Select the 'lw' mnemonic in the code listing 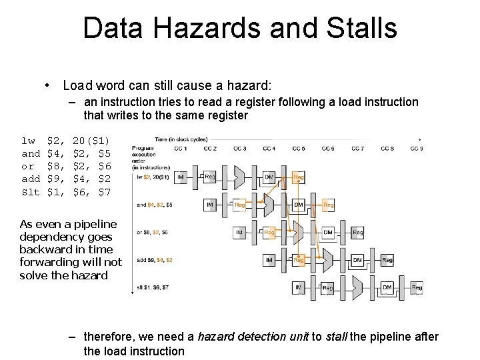click(28, 141)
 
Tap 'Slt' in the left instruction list click(31, 192)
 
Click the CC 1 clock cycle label click(180, 148)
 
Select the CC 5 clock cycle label click(298, 148)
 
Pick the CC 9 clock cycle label click(416, 148)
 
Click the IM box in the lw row click(181, 177)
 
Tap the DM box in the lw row click(269, 177)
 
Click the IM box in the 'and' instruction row click(210, 205)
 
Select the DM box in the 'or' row click(327, 233)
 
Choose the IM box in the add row click(269, 260)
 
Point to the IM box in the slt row click(298, 288)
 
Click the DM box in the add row click(357, 260)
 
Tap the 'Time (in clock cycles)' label click(180, 139)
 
